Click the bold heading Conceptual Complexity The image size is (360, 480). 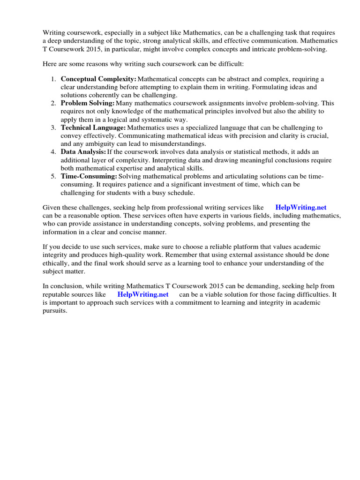[x=98, y=79]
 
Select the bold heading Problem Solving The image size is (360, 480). [x=88, y=103]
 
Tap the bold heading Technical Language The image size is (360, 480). [x=93, y=127]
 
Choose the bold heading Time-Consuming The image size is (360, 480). [x=89, y=176]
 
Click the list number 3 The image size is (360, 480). [x=53, y=127]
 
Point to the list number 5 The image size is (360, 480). [x=53, y=176]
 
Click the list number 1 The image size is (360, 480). [x=53, y=79]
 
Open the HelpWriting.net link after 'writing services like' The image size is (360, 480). [x=300, y=207]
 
